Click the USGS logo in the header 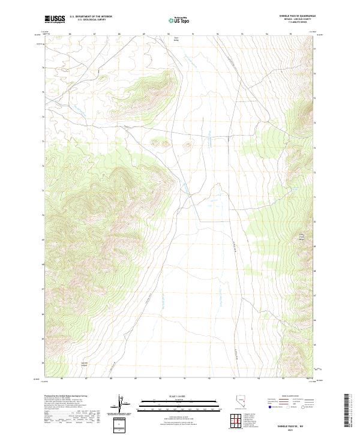tap(55, 19)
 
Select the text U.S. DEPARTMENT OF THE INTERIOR tap(91, 17)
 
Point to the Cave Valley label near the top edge tap(176, 39)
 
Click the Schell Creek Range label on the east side tap(302, 237)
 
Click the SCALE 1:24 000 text tap(180, 395)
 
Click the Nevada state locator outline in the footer tap(241, 404)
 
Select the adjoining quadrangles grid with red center tap(234, 420)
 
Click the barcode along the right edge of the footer tap(347, 410)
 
